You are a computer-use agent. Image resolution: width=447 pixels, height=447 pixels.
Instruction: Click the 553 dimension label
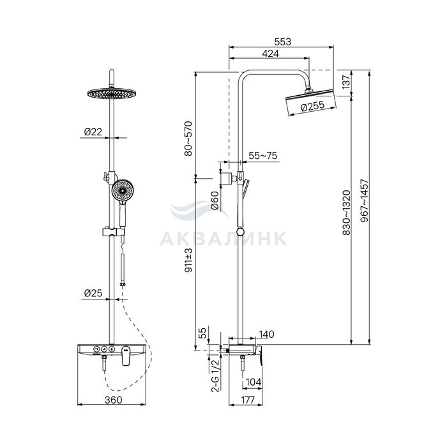coord(282,42)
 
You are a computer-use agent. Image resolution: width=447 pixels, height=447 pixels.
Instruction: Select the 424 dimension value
coord(270,53)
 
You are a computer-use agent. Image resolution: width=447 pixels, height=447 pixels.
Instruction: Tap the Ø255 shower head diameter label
coord(312,107)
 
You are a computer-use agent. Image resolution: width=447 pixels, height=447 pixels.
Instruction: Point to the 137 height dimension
coord(345,82)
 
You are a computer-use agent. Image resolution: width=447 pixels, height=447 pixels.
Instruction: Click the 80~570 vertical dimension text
coord(188,139)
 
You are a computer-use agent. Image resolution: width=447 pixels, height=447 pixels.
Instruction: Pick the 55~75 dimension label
coord(262,156)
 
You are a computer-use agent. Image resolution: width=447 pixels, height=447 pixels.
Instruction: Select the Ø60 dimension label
coord(215,201)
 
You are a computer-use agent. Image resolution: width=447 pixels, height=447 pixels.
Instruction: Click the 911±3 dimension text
coord(188,260)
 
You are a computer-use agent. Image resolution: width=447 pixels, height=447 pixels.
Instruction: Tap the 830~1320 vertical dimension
coord(346,213)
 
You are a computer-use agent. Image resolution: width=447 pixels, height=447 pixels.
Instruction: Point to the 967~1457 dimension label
coord(364,201)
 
